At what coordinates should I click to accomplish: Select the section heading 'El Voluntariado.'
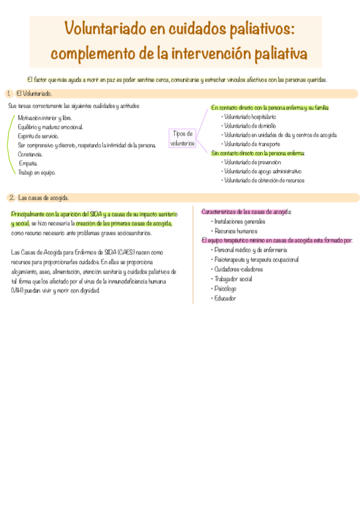pyautogui.click(x=34, y=94)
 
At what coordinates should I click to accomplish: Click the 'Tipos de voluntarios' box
pyautogui.click(x=182, y=138)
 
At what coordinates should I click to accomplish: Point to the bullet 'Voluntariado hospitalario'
pyautogui.click(x=249, y=117)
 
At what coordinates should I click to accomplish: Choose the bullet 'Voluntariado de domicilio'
pyautogui.click(x=249, y=126)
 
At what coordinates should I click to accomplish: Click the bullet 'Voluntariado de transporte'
pyautogui.click(x=251, y=144)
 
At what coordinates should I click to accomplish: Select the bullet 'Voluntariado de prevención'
pyautogui.click(x=251, y=162)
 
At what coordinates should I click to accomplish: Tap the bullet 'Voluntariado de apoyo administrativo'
pyautogui.click(x=262, y=171)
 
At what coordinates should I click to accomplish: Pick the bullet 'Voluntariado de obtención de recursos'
pyautogui.click(x=263, y=180)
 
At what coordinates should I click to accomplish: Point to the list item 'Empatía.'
pyautogui.click(x=28, y=163)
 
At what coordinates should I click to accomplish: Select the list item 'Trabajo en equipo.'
pyautogui.click(x=37, y=173)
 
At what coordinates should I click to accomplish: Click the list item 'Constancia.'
pyautogui.click(x=30, y=154)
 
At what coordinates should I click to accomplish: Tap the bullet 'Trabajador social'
pyautogui.click(x=233, y=279)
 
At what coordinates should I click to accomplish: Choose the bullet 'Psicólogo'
pyautogui.click(x=225, y=289)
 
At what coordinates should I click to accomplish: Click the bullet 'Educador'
pyautogui.click(x=225, y=298)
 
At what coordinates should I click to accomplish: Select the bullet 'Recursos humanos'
pyautogui.click(x=236, y=231)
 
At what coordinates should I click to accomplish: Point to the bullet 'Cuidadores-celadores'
pyautogui.click(x=239, y=269)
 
